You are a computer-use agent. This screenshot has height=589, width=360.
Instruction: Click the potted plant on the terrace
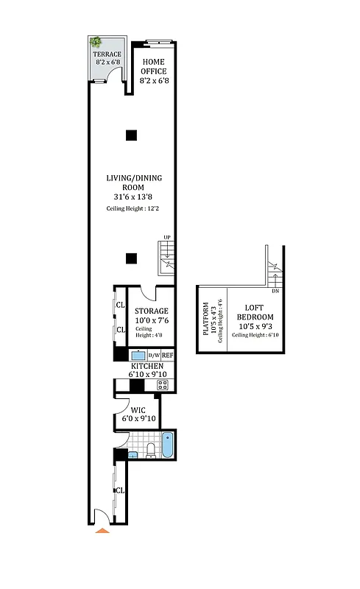96,43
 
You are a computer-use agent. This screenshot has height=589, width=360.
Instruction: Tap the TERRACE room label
107,54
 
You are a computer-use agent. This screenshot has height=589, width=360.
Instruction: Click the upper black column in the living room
130,135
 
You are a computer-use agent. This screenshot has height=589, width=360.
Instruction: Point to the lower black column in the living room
130,258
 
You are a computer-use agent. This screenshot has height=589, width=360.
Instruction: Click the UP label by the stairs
167,237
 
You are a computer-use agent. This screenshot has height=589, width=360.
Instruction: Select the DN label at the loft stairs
275,292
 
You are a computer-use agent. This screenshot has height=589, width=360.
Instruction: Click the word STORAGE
152,311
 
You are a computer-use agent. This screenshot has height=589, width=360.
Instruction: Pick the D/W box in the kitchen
154,356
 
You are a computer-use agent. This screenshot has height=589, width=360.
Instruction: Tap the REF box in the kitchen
168,356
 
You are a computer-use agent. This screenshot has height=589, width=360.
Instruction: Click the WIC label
138,410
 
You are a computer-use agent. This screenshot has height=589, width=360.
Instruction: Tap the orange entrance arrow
103,529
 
